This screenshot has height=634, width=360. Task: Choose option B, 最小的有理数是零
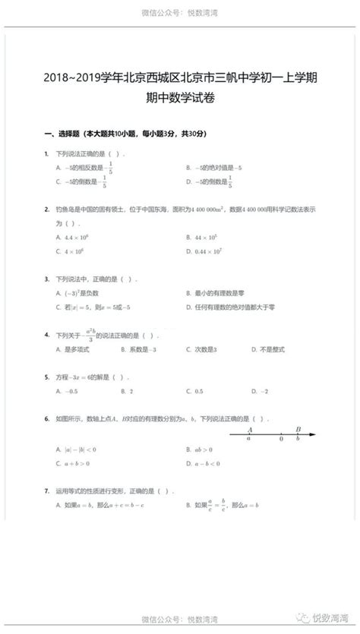coord(216,292)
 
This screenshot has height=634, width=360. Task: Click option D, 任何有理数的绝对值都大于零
coord(228,307)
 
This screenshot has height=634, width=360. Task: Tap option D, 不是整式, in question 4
coord(266,349)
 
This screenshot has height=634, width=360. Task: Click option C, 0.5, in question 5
coord(194,391)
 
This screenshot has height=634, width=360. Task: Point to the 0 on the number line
coord(282,439)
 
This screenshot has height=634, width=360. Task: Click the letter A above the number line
coord(250,427)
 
